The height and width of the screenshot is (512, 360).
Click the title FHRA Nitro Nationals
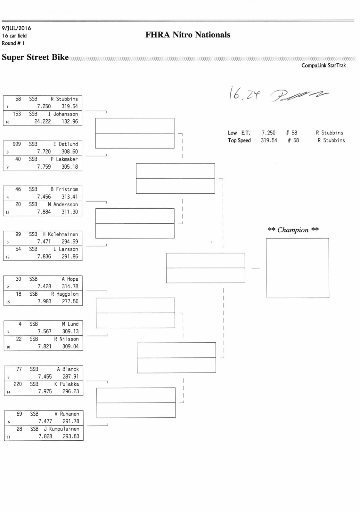[188, 35]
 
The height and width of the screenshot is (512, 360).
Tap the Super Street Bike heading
[35, 57]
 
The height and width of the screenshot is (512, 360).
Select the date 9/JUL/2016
[16, 28]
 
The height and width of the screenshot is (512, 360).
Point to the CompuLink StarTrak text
[323, 66]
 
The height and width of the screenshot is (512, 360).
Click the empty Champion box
[298, 268]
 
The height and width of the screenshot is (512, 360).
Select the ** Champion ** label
[293, 230]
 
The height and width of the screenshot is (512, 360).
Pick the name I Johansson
[63, 114]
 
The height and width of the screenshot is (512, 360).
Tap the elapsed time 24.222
[43, 122]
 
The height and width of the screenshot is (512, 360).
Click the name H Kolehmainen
[60, 234]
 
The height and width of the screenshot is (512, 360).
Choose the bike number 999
[17, 144]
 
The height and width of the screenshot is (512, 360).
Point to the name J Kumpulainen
[61, 429]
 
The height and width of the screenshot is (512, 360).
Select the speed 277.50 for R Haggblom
[70, 301]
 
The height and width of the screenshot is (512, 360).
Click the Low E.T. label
[239, 133]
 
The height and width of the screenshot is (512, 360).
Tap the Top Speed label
[239, 140]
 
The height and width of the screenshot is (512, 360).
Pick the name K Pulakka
[67, 384]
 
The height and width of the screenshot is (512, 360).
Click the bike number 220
[18, 384]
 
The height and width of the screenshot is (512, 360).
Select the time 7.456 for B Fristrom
[44, 197]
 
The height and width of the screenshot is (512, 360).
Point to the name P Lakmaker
[64, 159]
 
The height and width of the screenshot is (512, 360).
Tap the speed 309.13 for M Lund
[70, 332]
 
